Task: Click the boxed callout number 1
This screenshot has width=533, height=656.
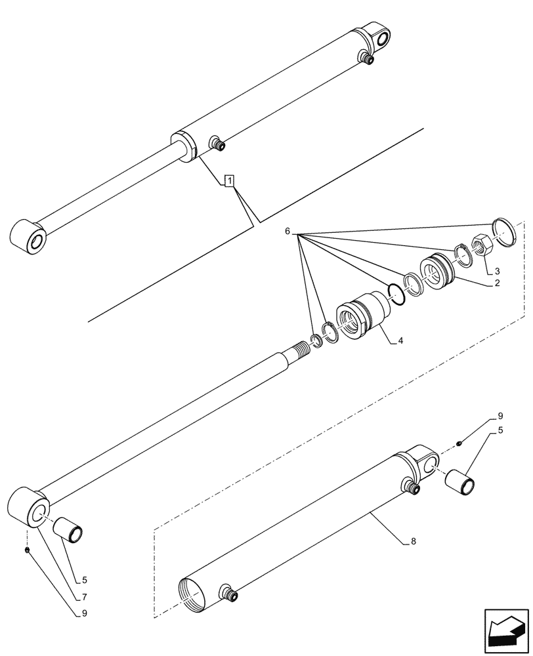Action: click(228, 180)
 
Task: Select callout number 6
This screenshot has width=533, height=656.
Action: click(287, 232)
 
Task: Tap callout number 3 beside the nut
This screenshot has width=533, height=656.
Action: click(497, 271)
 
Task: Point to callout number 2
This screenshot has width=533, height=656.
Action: click(497, 283)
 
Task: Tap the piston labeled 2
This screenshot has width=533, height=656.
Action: click(436, 271)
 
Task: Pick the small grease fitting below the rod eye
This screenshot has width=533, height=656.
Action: click(26, 550)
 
